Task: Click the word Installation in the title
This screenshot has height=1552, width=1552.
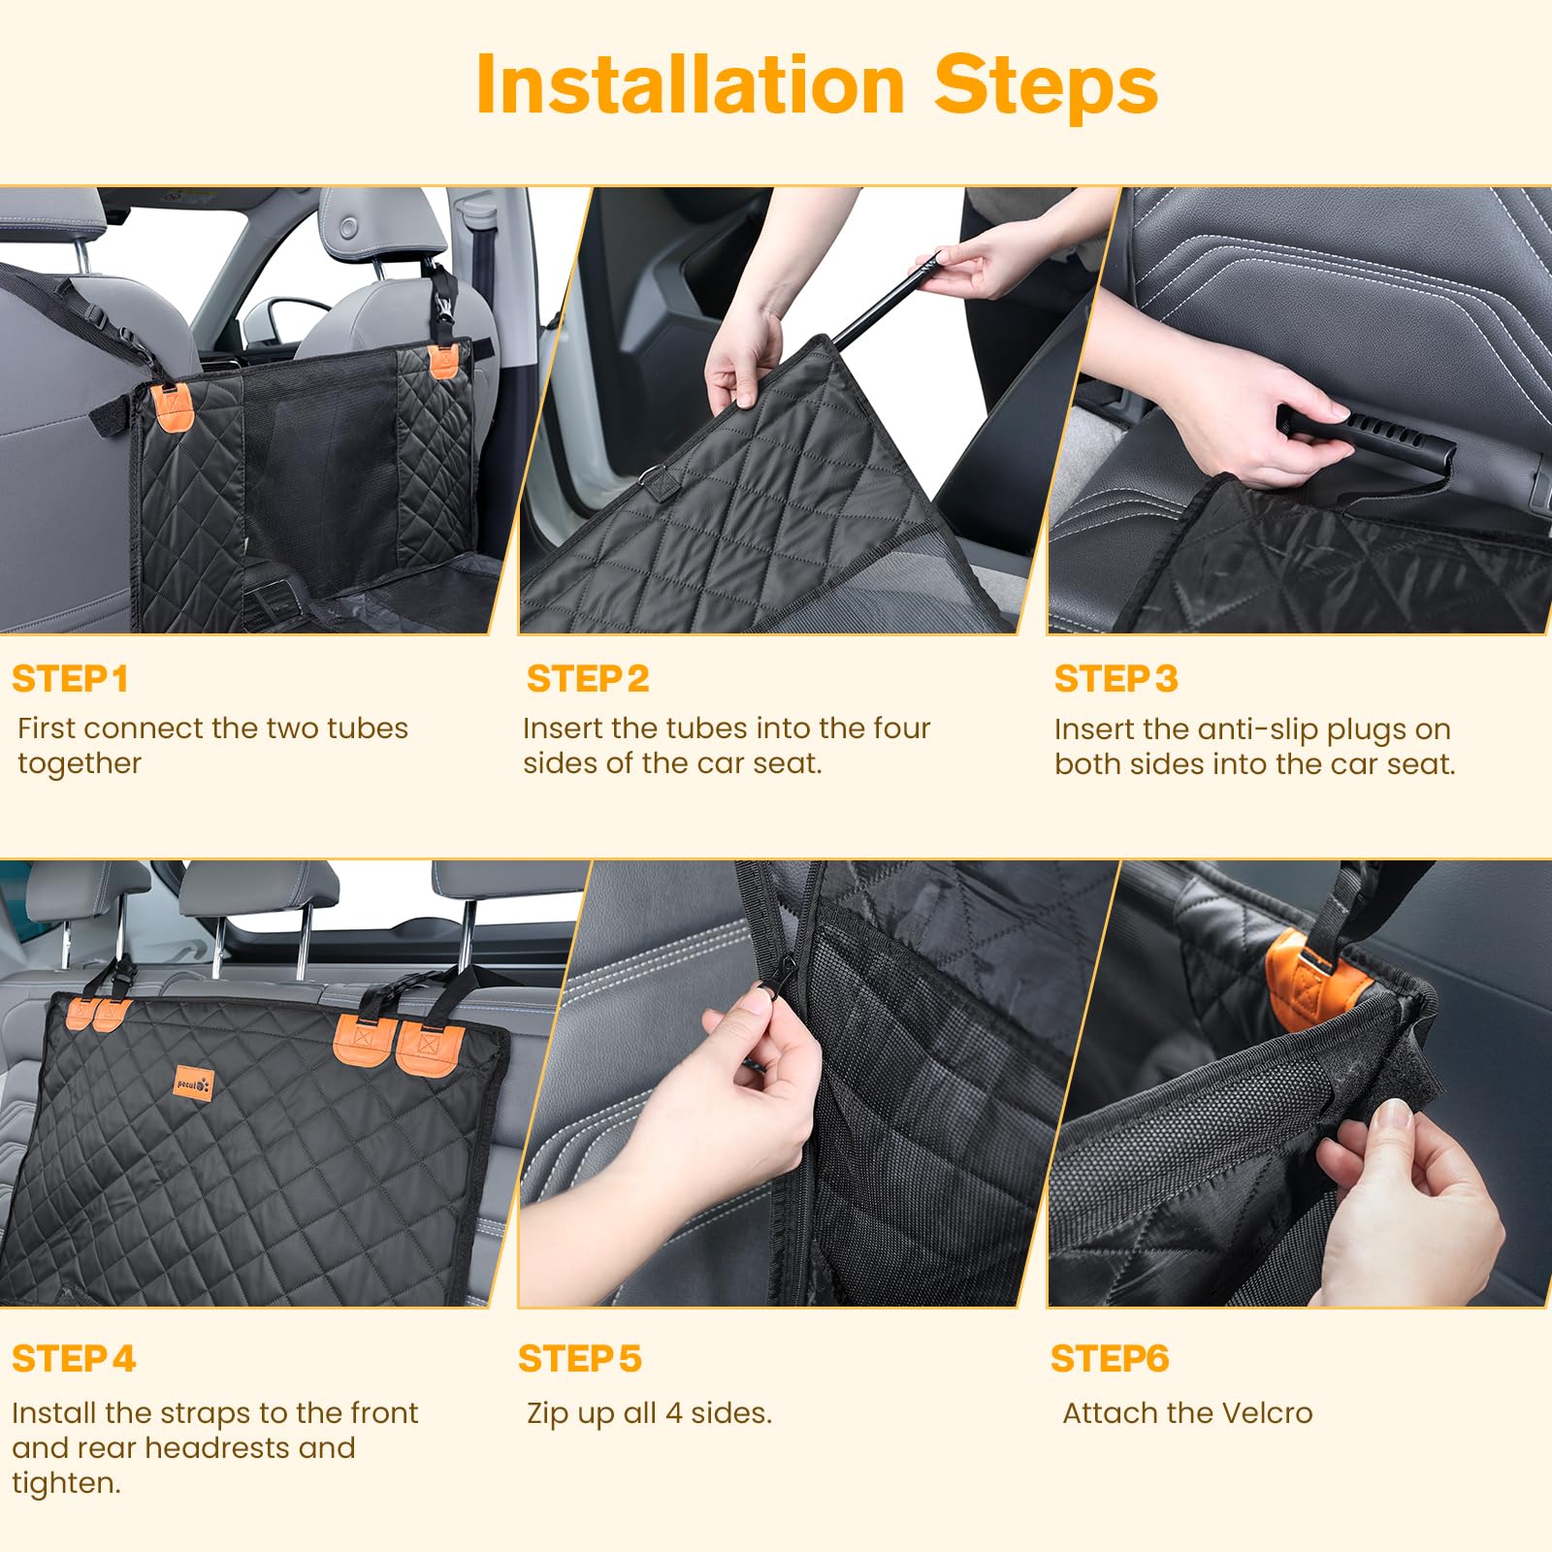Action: [x=691, y=85]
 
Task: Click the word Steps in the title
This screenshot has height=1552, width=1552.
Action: [x=1046, y=85]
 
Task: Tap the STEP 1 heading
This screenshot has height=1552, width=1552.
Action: [x=70, y=679]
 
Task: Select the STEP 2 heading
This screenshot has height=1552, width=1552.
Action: [x=588, y=679]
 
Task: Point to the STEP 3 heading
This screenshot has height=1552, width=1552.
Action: [x=1115, y=679]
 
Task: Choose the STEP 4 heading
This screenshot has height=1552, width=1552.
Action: [x=74, y=1359]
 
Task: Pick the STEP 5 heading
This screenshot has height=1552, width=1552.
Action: [x=580, y=1359]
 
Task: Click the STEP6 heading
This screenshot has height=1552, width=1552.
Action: [x=1110, y=1359]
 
